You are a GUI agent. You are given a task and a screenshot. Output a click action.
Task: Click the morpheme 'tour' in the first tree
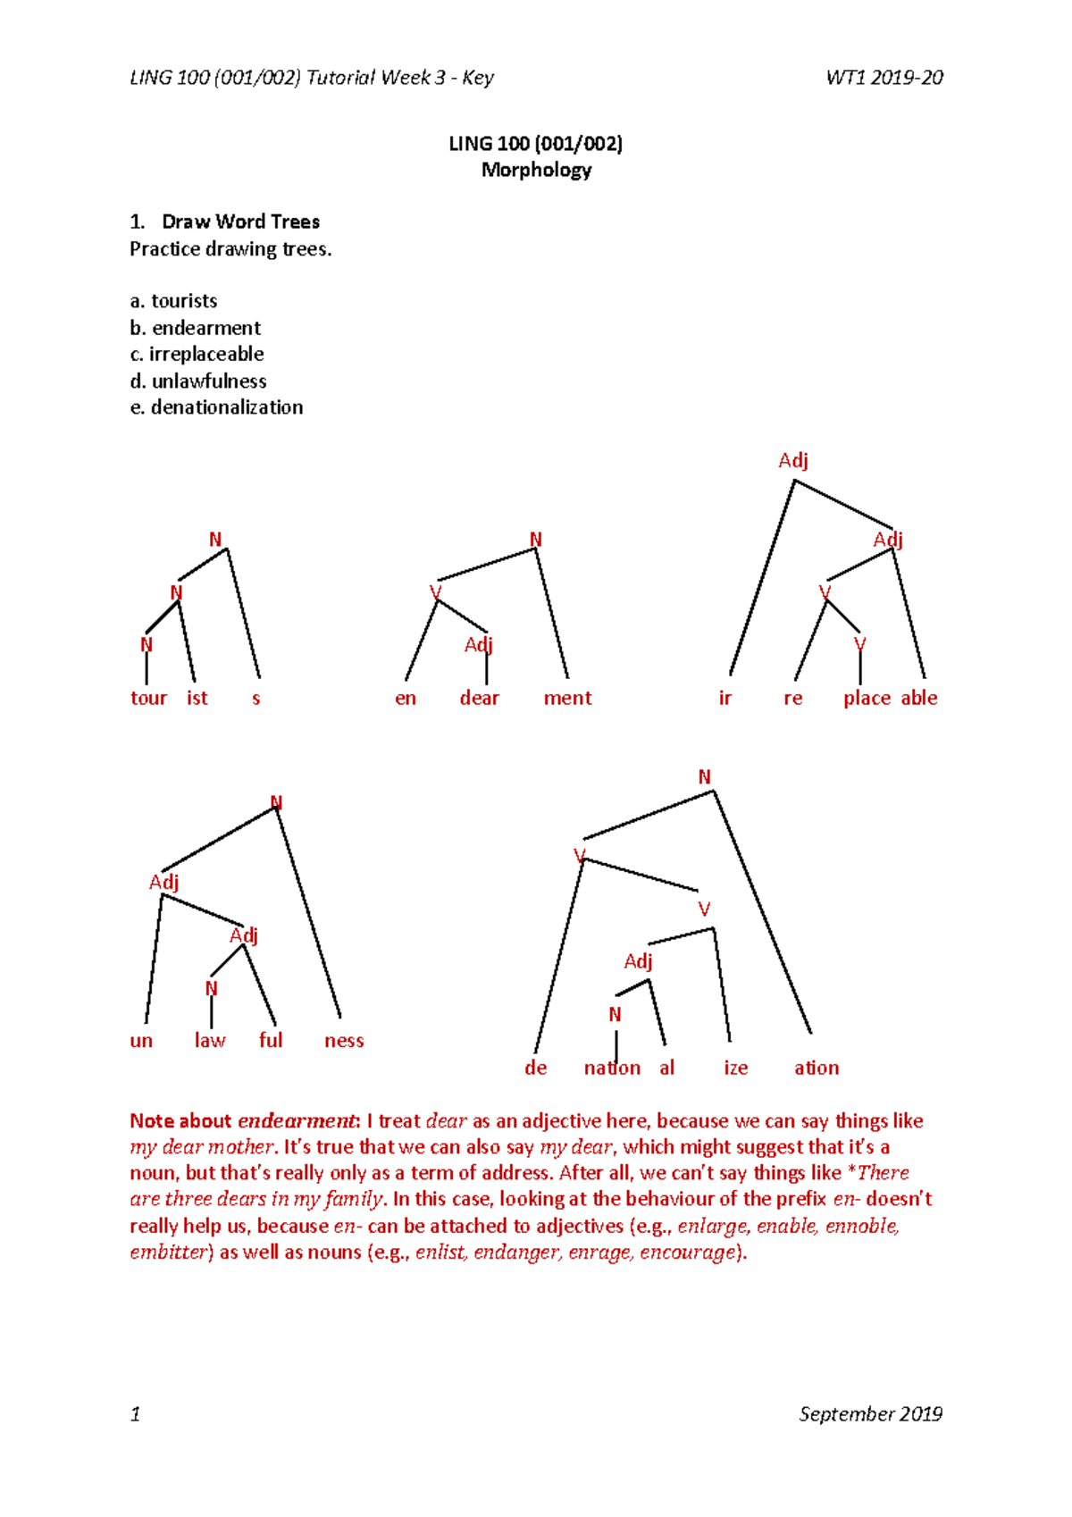(x=148, y=698)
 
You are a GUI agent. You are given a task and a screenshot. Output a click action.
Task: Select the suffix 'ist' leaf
(x=197, y=698)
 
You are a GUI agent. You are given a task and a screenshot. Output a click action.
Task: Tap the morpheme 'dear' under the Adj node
(x=479, y=698)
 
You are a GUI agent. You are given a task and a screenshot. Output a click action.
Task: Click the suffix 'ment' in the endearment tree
(x=567, y=698)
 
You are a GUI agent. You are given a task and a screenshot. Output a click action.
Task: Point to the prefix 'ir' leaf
(x=724, y=698)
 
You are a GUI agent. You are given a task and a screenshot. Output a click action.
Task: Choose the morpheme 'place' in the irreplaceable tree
(x=867, y=698)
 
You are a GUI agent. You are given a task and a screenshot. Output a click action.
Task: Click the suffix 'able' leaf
(x=919, y=698)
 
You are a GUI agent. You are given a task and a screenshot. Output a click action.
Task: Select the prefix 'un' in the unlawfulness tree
(x=141, y=1040)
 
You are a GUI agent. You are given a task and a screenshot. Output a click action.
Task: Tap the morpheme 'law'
(x=210, y=1040)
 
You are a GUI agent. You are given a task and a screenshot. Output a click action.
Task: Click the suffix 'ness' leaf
(x=344, y=1040)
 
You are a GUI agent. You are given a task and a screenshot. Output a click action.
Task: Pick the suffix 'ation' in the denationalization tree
(x=817, y=1068)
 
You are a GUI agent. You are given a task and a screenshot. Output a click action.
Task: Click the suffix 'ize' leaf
(x=735, y=1068)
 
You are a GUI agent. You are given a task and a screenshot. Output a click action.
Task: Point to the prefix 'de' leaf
(x=535, y=1068)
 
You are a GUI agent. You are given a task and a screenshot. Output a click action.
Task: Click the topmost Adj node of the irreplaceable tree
(x=792, y=460)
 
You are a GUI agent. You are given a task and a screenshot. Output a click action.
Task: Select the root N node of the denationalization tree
(x=704, y=777)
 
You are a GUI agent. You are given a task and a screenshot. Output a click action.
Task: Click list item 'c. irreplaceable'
(x=197, y=354)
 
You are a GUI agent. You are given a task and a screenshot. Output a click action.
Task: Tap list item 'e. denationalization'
(x=216, y=407)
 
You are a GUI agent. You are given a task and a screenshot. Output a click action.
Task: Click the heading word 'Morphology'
(x=536, y=170)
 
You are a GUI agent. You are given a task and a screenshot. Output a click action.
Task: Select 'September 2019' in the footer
(x=870, y=1413)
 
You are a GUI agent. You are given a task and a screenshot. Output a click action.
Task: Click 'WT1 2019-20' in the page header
(x=884, y=78)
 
